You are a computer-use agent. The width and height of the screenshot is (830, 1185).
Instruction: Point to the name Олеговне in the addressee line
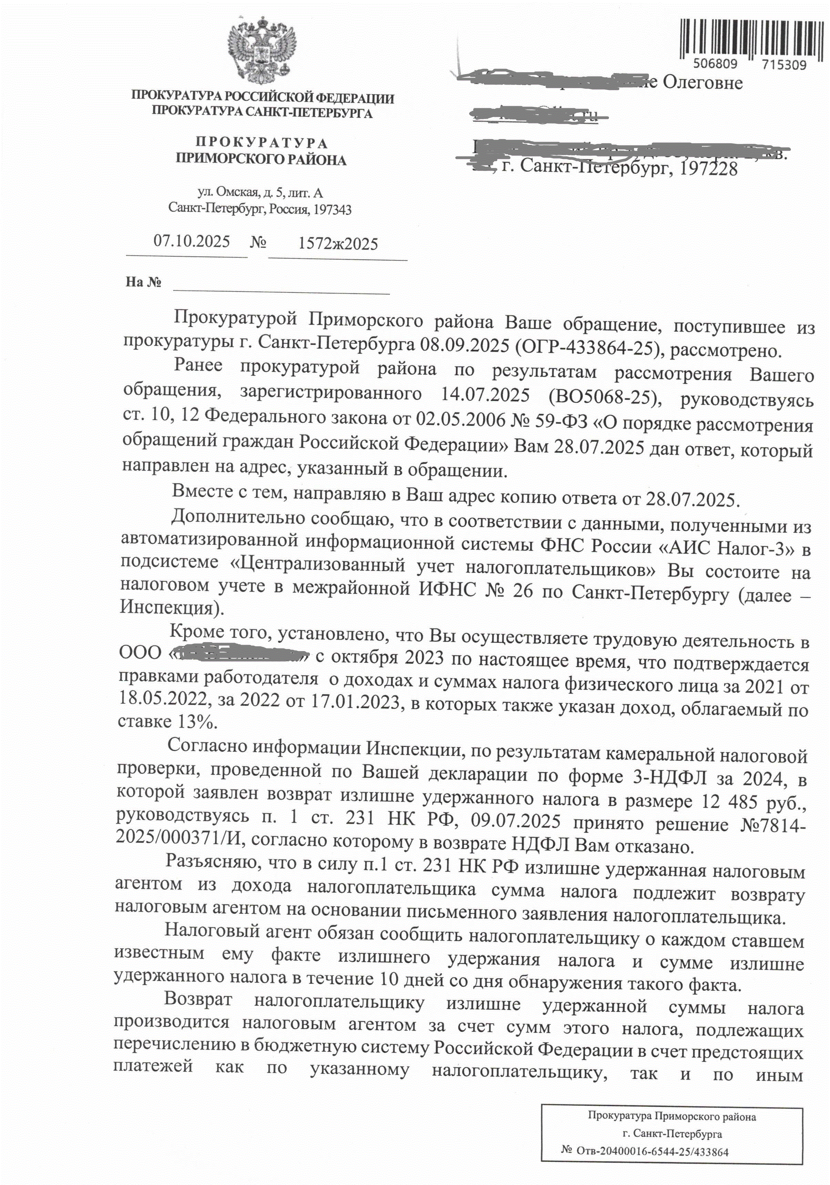[x=703, y=83]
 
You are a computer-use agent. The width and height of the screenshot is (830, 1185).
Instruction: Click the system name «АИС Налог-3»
[x=726, y=548]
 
